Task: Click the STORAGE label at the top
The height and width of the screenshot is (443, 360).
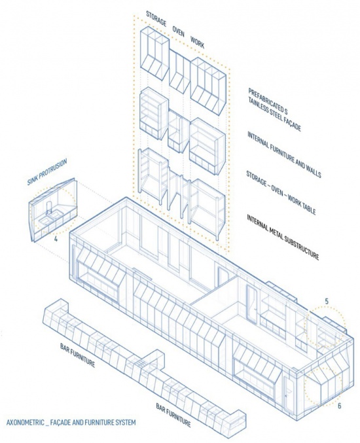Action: click(x=156, y=18)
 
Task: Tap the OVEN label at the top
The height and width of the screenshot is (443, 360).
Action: click(x=178, y=31)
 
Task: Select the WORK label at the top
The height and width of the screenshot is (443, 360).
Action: click(x=197, y=42)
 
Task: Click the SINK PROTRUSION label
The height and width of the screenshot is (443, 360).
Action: click(x=47, y=171)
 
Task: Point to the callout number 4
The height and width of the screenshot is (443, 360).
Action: click(x=56, y=239)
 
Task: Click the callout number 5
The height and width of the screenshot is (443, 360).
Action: click(x=327, y=301)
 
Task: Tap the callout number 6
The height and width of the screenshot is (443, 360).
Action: click(x=339, y=406)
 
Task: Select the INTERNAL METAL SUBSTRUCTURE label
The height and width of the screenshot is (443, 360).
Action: click(x=283, y=238)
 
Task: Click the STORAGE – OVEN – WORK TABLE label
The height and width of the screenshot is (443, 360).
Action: click(x=281, y=192)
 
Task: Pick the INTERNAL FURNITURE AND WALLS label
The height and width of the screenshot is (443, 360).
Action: click(x=284, y=155)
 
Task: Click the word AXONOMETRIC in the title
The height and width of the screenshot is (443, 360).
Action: click(x=25, y=423)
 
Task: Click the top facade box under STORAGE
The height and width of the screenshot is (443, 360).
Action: click(x=154, y=53)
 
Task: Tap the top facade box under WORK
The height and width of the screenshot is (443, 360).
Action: click(x=208, y=86)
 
